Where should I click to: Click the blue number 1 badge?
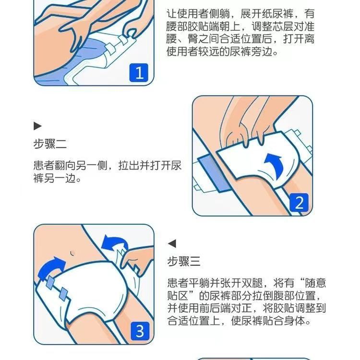point(139,73)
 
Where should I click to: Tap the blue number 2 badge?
point(299,203)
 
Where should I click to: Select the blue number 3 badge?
point(140,331)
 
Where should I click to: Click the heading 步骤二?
point(50,144)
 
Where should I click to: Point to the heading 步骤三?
point(184,261)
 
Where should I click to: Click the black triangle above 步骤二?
point(37,126)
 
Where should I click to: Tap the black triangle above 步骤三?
point(172,243)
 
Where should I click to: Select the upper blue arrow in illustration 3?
point(114,243)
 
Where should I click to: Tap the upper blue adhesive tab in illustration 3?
point(50,283)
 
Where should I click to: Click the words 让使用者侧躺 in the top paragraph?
point(198,13)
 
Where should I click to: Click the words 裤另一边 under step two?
point(55,178)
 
